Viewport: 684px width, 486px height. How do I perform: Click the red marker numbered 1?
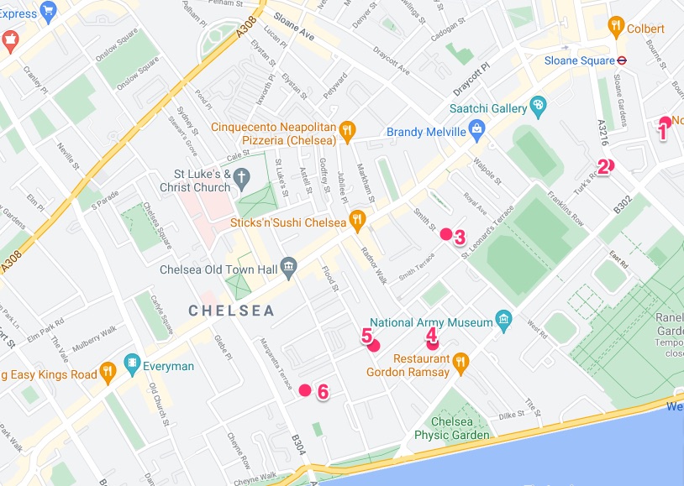tap(666, 123)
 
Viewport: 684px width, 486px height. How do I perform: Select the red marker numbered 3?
tap(446, 234)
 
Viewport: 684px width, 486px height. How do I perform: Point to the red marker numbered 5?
tap(374, 345)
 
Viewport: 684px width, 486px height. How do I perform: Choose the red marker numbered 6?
tap(305, 389)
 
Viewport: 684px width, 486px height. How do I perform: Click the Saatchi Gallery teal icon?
tap(539, 107)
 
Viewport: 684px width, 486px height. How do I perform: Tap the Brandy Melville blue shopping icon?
tap(477, 129)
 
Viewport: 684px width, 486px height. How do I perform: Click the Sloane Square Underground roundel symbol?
tap(623, 60)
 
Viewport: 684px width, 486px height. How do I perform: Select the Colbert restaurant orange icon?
tap(618, 26)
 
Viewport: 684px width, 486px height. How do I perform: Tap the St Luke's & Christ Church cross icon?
tap(242, 177)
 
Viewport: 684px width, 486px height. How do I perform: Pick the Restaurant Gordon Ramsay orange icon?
tap(460, 363)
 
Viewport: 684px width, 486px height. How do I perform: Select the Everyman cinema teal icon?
tap(132, 364)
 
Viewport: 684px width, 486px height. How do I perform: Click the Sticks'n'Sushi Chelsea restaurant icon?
tap(358, 220)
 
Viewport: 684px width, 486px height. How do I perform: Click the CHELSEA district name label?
tap(231, 311)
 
